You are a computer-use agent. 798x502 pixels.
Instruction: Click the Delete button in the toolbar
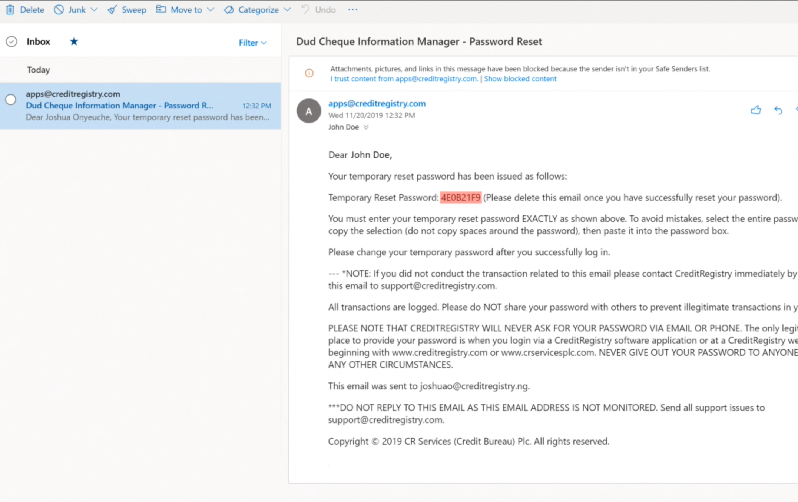[x=25, y=10]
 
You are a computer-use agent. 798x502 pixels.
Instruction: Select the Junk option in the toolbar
[x=70, y=10]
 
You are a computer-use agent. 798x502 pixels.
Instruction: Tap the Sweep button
[x=127, y=10]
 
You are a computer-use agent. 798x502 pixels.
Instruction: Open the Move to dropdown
[x=185, y=10]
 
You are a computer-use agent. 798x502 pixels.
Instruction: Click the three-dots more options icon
[x=353, y=10]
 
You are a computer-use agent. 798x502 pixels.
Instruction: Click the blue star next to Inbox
[x=74, y=41]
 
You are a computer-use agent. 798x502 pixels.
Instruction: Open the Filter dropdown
[x=252, y=43]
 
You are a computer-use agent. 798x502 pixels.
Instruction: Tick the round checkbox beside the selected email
[x=11, y=100]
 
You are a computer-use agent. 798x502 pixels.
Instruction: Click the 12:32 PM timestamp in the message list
[x=256, y=106]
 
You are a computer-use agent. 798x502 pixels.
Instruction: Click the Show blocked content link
[x=520, y=79]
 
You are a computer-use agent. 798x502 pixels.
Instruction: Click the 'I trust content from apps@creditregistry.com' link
[x=404, y=79]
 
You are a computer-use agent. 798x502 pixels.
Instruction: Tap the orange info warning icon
[x=309, y=73]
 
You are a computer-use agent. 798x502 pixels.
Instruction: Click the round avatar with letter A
[x=309, y=111]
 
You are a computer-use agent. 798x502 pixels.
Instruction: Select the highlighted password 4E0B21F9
[x=460, y=198]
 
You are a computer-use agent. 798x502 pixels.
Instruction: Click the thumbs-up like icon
[x=756, y=110]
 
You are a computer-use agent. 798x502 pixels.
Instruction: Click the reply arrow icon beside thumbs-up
[x=778, y=110]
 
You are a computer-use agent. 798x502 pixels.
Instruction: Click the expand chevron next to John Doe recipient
[x=366, y=127]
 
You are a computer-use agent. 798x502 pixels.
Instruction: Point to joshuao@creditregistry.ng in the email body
[x=474, y=386]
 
